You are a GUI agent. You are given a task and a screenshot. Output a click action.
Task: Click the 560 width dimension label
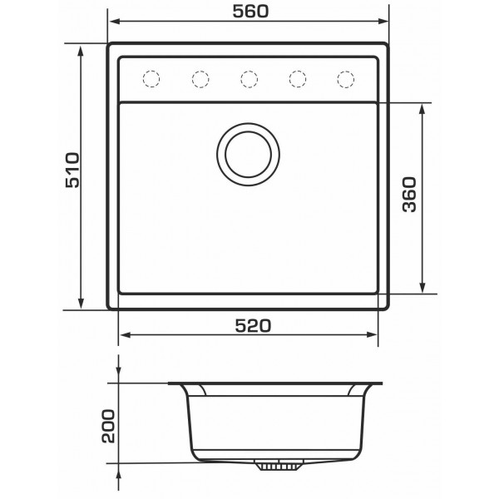[250, 12]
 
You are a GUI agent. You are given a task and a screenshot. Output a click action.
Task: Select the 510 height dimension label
[72, 170]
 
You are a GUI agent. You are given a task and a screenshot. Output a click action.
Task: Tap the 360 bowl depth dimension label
[409, 195]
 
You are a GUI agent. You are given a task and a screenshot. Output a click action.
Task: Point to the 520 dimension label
[253, 325]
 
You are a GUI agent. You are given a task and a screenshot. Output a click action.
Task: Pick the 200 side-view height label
[108, 426]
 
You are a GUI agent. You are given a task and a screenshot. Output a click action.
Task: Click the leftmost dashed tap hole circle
[151, 79]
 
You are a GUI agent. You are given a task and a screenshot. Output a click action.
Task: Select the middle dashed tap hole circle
[249, 79]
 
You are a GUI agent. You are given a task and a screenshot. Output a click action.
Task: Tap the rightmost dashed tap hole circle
[346, 79]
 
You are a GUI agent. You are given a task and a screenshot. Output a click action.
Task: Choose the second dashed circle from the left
[200, 79]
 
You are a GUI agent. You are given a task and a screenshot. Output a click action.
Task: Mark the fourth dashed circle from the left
[298, 79]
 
